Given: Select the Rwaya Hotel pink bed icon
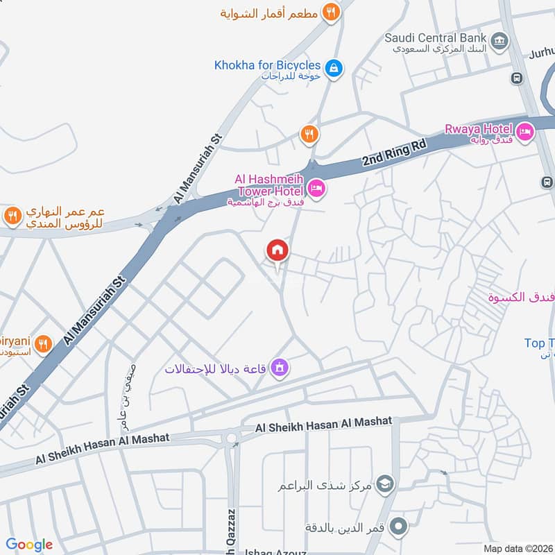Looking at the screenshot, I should tap(524, 130).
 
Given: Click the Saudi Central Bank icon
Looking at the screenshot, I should tap(498, 42).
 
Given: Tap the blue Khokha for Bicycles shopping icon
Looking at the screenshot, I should tap(334, 68).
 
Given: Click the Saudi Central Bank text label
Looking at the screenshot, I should tap(436, 37).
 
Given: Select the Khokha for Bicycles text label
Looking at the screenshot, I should tap(268, 65).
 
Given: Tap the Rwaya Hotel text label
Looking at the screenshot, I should tap(479, 128).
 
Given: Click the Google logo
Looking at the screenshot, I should tap(29, 545).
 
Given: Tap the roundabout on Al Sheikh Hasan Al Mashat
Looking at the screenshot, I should tap(230, 438).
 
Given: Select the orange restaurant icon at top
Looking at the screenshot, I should tap(331, 12).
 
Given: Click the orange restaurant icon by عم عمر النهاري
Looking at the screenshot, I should tap(11, 216).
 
